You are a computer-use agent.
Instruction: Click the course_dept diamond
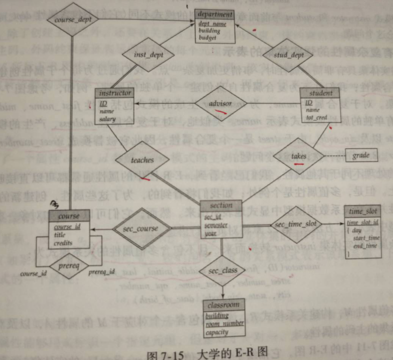(x=73, y=19)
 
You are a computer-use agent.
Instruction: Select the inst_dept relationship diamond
(x=148, y=54)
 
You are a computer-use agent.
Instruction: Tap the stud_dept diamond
(x=288, y=55)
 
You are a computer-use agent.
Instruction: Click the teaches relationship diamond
(x=142, y=160)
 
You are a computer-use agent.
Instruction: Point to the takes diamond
(x=299, y=157)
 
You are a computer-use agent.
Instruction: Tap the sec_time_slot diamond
(x=296, y=224)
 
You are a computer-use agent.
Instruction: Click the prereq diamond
(x=69, y=266)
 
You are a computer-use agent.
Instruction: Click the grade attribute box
(x=361, y=155)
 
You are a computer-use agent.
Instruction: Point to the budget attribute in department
(x=208, y=38)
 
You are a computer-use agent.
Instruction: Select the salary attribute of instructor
(x=108, y=118)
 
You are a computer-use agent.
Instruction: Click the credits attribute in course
(x=63, y=243)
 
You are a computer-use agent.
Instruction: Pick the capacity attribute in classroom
(x=217, y=332)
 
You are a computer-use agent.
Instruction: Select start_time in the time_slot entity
(x=366, y=238)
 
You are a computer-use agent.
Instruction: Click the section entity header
(x=221, y=205)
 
